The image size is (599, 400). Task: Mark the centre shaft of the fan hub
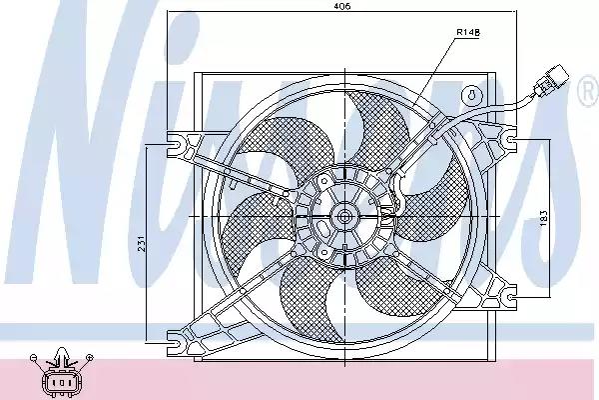pos(344,215)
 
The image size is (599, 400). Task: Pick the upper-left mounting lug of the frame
pos(182,146)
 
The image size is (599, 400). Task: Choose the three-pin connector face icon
pos(61,382)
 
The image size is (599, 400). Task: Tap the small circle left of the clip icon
pos(35,357)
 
